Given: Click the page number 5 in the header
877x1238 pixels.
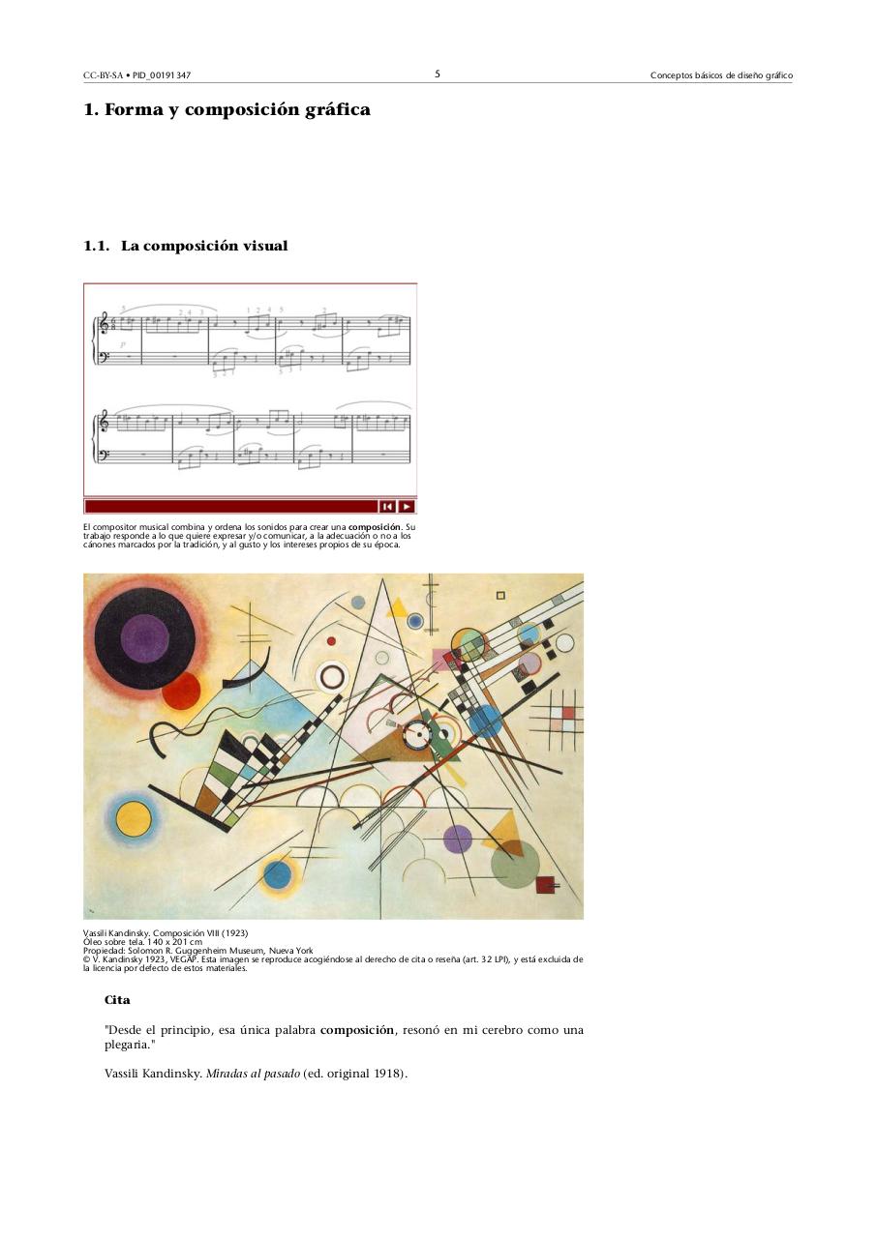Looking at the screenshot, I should (x=438, y=74).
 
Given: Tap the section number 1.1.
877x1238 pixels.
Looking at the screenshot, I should (x=97, y=247).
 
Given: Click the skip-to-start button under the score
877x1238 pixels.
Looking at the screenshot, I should (x=387, y=506).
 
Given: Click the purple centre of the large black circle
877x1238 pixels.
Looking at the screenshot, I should (x=145, y=637).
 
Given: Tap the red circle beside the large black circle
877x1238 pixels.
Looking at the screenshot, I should (x=181, y=691).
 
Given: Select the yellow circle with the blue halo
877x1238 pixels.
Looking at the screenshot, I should (x=134, y=818).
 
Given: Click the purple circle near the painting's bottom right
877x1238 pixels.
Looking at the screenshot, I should (x=458, y=839).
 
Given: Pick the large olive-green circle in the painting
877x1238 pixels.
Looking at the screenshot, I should (x=514, y=865).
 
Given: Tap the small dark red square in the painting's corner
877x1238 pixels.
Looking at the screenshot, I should (x=545, y=883).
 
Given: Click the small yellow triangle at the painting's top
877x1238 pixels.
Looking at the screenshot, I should (x=396, y=607).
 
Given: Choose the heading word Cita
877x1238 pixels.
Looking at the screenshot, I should (x=117, y=1000).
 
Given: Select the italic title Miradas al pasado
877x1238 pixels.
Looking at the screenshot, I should (x=253, y=1073).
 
